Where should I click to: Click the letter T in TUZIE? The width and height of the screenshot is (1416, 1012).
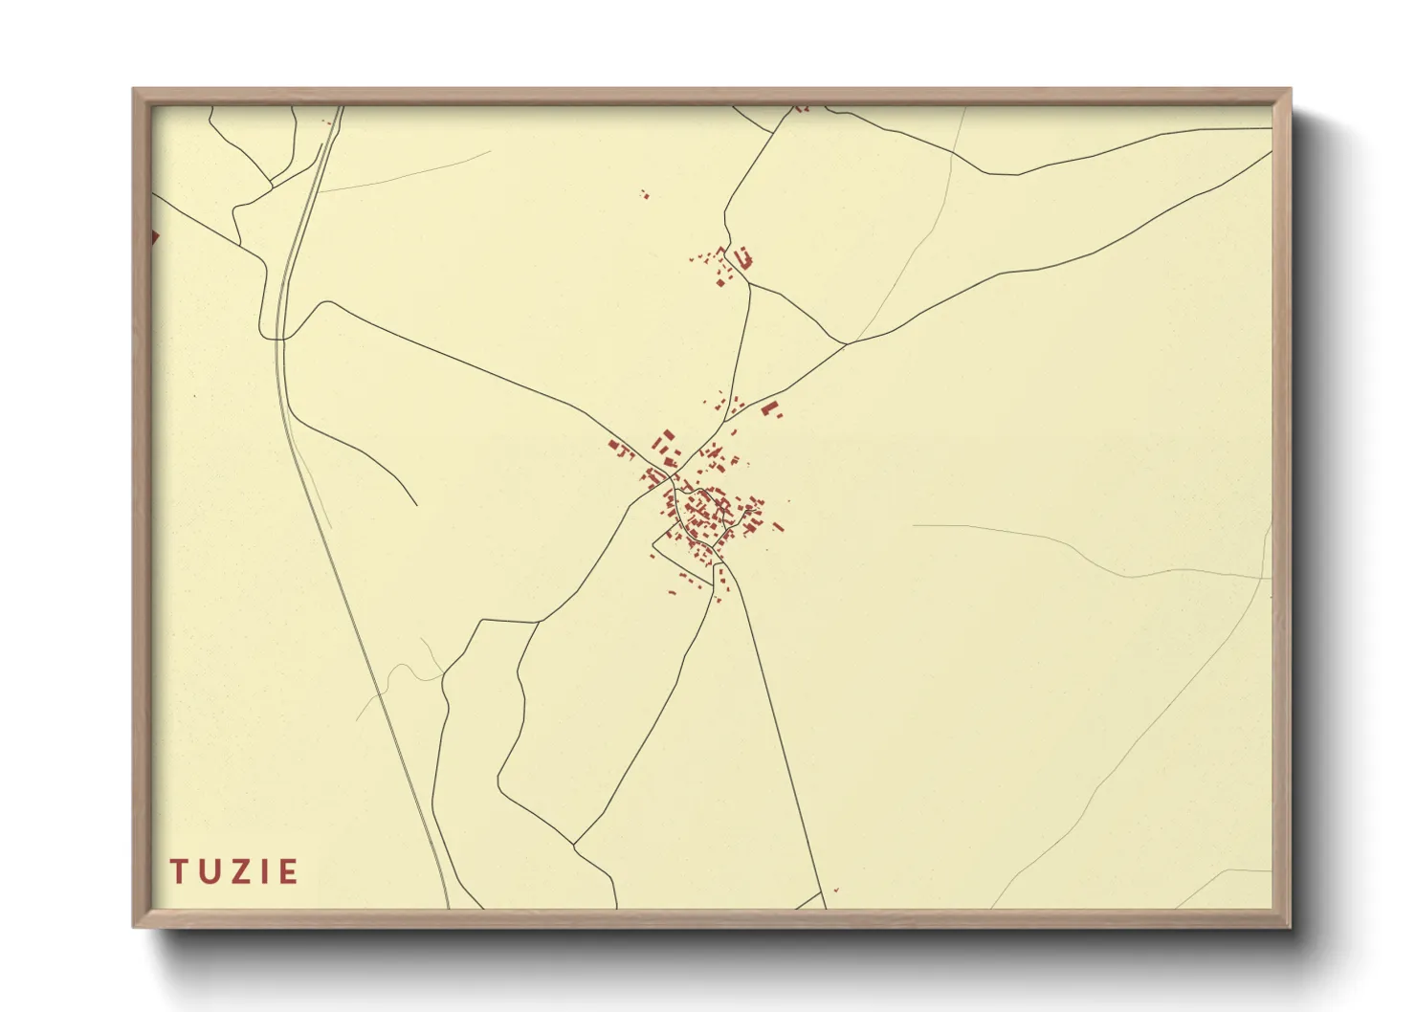click(179, 871)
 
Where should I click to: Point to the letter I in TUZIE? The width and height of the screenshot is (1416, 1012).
click(260, 871)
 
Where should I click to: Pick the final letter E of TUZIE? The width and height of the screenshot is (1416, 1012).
click(286, 871)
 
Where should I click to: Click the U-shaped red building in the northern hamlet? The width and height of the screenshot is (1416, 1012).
click(743, 257)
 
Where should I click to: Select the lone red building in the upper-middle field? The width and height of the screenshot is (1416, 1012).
click(644, 194)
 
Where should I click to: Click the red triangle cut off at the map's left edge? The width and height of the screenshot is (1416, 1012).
click(154, 236)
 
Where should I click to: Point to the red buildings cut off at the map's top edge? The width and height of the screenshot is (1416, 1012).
click(802, 108)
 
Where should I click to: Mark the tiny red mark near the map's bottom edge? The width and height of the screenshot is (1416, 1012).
click(836, 891)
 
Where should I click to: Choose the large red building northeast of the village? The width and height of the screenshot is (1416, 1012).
click(768, 408)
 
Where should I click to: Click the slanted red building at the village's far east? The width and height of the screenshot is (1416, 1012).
click(778, 526)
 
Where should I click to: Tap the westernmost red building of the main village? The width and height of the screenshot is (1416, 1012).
click(614, 444)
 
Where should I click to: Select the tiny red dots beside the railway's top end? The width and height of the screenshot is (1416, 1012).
click(329, 121)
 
